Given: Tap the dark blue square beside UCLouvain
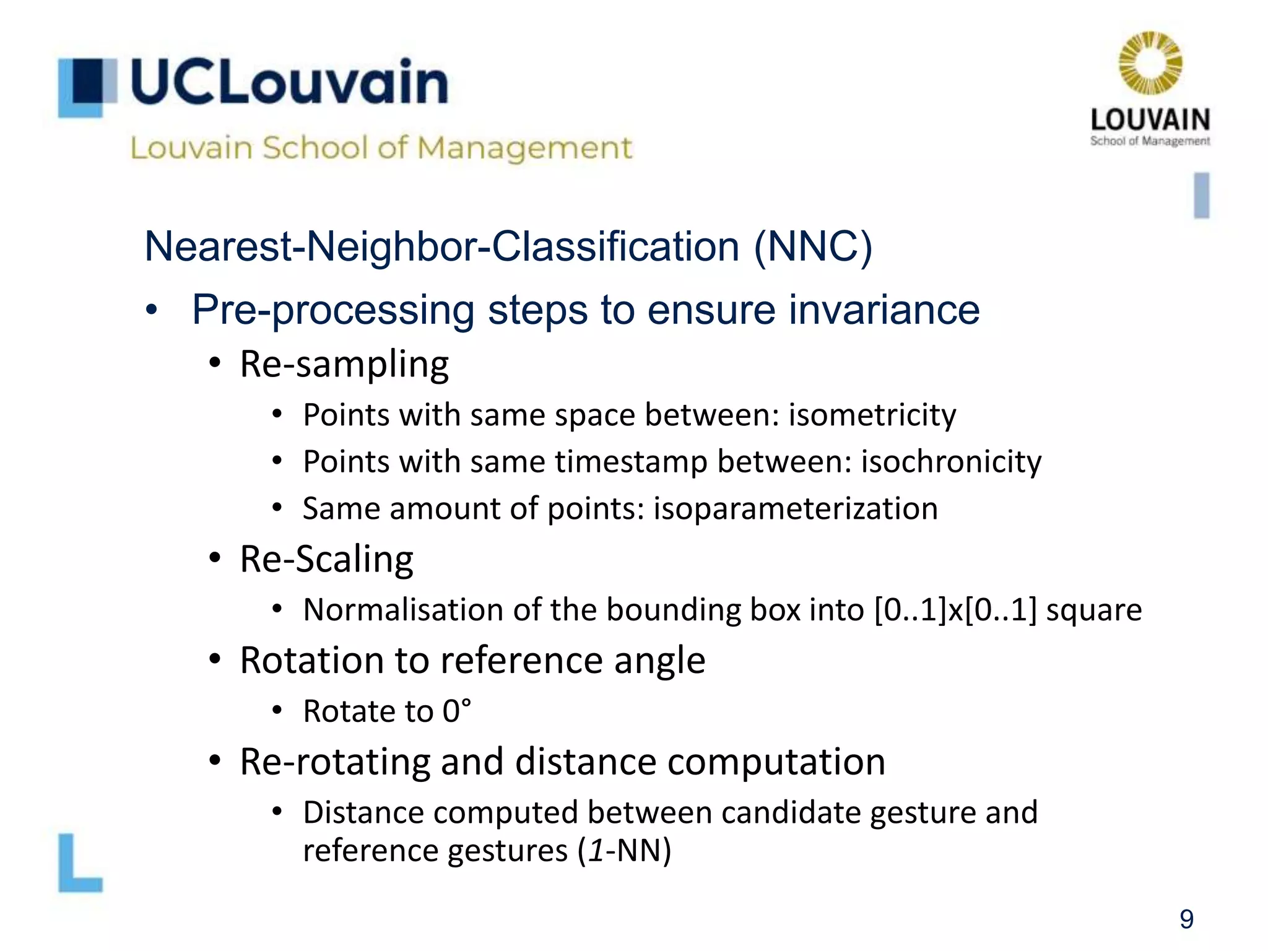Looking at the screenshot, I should pos(87,80).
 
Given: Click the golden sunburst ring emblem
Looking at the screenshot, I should pos(1150,63).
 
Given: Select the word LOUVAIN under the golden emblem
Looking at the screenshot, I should pos(1150,119).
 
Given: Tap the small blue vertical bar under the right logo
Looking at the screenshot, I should pos(1201,196).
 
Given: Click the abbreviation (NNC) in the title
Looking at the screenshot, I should pos(813,246).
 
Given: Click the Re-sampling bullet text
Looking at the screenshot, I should pos(344,364).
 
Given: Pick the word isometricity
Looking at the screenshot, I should pos(872,415).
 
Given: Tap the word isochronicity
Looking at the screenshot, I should pos(951,462).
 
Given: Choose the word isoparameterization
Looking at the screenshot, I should pos(796,509).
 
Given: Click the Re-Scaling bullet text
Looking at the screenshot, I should pos(326,559).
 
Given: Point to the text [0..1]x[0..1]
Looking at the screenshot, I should pos(955,610).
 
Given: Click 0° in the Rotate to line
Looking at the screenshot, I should pos(456,711).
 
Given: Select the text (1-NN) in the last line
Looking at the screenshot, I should pos(624,851).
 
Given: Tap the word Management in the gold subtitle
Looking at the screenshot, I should pos(524,148).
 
